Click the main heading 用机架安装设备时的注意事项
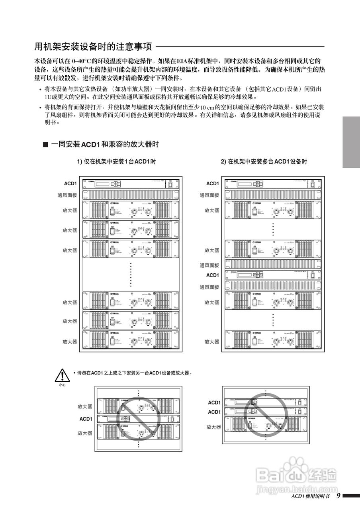[x=93, y=47]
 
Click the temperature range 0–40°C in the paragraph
[x=82, y=61]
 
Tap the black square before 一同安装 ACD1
[x=45, y=145]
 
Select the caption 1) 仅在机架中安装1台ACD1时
[x=116, y=162]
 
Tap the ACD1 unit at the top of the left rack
[x=131, y=184]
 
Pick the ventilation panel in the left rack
[x=131, y=195]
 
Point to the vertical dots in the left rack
[x=131, y=275]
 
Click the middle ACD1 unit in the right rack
[x=273, y=275]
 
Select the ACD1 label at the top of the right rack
[x=212, y=184]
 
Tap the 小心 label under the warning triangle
[x=62, y=385]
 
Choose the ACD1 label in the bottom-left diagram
[x=86, y=419]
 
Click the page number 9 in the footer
[x=338, y=496]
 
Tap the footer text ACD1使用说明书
[x=310, y=496]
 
